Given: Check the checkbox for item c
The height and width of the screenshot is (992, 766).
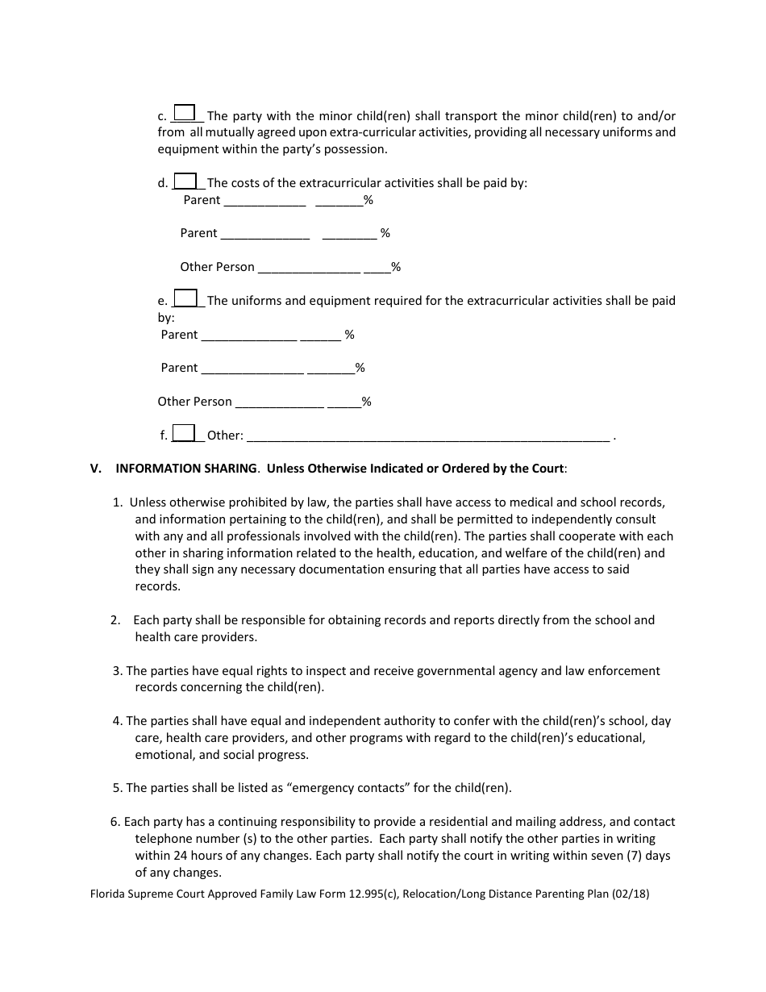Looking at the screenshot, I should (x=185, y=113).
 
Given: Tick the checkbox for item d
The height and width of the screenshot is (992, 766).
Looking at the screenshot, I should (x=185, y=181).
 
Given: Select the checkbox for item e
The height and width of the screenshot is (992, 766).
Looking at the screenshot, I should (x=185, y=298).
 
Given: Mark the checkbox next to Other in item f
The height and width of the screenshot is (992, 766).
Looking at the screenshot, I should (x=184, y=433).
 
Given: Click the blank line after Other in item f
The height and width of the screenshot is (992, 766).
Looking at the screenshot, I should (x=427, y=436).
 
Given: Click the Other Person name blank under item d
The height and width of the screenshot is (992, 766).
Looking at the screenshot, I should (x=309, y=268).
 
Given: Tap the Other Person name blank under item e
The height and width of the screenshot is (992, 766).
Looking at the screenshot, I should (x=280, y=402).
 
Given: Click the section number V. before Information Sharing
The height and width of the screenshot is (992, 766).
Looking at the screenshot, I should (x=96, y=469).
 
